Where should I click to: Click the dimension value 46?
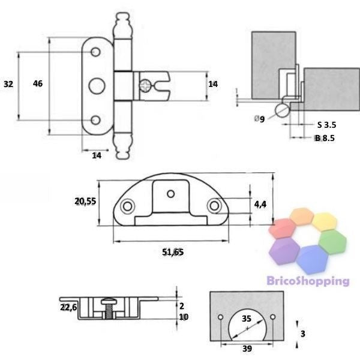(37, 84)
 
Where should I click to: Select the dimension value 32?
(8, 84)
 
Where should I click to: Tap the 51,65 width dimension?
(173, 252)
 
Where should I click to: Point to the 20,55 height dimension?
(85, 202)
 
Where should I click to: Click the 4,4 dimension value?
(260, 205)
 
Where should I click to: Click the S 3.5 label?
(326, 125)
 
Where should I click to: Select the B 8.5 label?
(325, 138)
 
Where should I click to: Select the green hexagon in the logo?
(334, 242)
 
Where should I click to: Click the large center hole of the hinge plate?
(96, 85)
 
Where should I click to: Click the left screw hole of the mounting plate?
(127, 206)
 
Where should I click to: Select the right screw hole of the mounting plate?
(214, 206)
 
